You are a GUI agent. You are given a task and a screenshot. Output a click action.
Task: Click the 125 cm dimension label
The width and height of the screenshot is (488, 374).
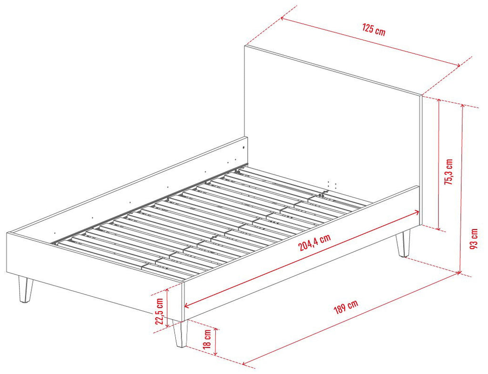[374, 30]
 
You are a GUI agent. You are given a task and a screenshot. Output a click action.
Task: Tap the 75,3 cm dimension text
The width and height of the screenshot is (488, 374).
[448, 172]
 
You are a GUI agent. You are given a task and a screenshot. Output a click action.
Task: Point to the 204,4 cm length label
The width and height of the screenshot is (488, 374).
[315, 242]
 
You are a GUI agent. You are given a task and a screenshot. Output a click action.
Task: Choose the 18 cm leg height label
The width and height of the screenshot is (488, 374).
[207, 339]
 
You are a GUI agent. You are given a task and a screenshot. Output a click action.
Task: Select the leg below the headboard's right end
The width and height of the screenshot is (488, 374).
[403, 243]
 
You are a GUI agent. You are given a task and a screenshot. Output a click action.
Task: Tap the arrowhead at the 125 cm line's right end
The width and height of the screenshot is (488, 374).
[458, 65]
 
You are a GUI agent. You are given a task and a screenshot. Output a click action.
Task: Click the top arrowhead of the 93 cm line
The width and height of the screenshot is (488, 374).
[462, 107]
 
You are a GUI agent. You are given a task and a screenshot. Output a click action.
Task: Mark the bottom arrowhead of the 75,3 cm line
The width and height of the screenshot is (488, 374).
[438, 228]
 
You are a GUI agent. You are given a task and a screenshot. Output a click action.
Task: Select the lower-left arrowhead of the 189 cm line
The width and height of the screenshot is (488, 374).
[245, 363]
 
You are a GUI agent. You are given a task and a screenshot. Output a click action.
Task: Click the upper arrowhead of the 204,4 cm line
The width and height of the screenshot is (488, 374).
[416, 212]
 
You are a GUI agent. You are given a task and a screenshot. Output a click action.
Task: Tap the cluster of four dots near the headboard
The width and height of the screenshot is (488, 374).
[332, 184]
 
